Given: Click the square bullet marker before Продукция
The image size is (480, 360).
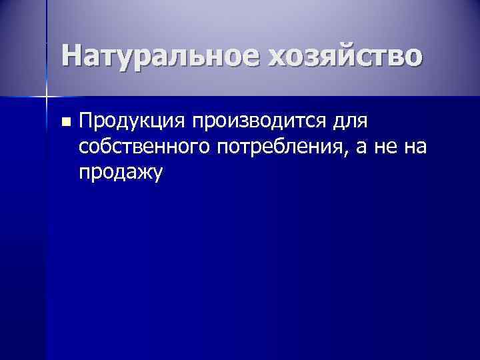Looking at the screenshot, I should [x=65, y=122].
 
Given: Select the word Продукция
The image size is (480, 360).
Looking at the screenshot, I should [x=131, y=122].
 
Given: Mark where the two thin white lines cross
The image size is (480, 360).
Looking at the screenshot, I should [x=47, y=97].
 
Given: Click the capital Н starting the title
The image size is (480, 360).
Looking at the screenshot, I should [x=72, y=55].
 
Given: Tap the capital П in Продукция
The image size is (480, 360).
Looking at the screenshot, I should [x=86, y=121].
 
